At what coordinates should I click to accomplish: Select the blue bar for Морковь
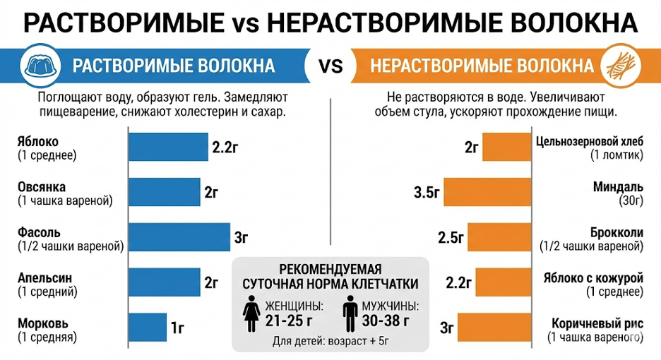[147, 327]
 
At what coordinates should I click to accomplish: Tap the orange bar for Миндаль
[489, 192]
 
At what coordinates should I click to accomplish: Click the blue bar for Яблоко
[168, 147]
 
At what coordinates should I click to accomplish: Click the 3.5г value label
[428, 192]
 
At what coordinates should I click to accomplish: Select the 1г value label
[178, 328]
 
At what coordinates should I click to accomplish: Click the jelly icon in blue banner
[42, 66]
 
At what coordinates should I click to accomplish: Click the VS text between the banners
[330, 66]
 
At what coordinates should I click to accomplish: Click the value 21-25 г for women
[290, 320]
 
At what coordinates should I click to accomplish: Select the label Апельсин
[44, 277]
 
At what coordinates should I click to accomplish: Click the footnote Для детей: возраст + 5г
[330, 342]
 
